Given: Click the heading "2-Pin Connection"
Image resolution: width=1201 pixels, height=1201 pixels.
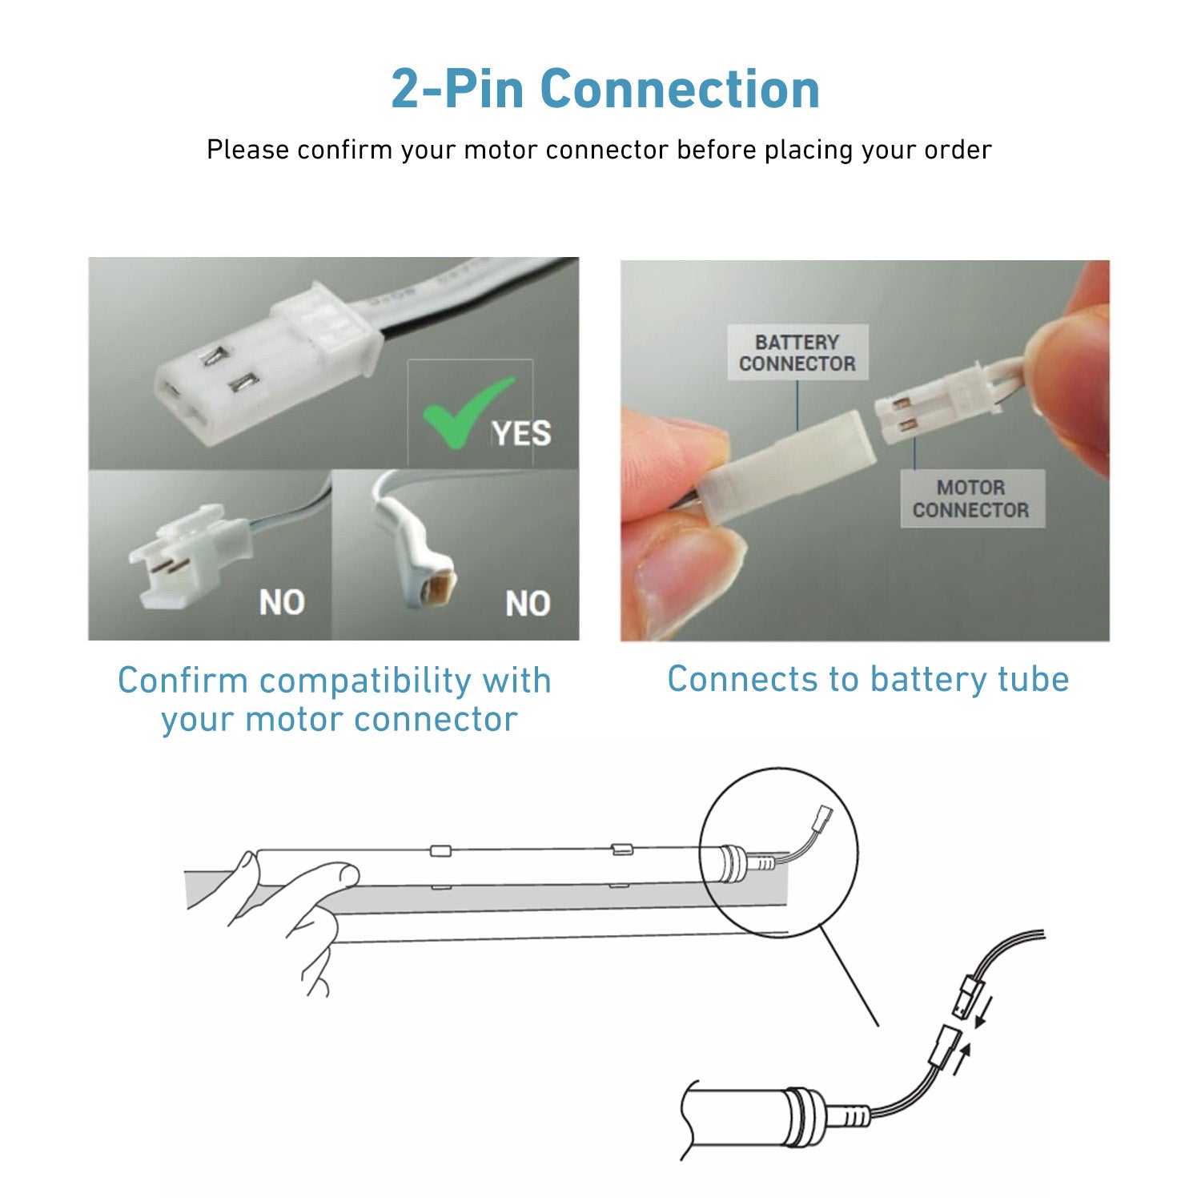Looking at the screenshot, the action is (605, 89).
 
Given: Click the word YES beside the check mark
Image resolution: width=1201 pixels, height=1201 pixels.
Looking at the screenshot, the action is (521, 434).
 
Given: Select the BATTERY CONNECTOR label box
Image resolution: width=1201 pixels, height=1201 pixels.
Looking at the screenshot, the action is (797, 353).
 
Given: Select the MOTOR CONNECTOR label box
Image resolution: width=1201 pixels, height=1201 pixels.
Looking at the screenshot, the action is (971, 498).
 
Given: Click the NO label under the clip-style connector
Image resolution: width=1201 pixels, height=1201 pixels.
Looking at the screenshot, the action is (282, 602).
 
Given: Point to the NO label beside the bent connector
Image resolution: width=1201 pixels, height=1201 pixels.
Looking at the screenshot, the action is (528, 603).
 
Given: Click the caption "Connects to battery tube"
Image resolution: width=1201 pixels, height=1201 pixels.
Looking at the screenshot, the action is (868, 679).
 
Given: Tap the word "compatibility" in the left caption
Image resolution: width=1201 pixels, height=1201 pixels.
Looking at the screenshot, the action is (366, 681).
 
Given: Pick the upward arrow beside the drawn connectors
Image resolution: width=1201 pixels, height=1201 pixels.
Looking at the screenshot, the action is (962, 1058).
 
